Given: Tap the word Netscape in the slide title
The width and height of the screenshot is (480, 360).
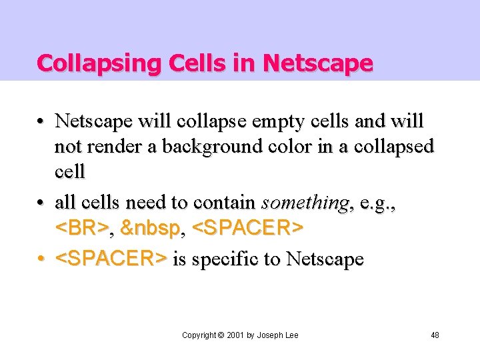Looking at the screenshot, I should pyautogui.click(x=318, y=63).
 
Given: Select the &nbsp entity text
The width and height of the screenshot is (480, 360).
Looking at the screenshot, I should pyautogui.click(x=151, y=229).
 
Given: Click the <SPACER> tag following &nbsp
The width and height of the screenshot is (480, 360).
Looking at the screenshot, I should pyautogui.click(x=247, y=229).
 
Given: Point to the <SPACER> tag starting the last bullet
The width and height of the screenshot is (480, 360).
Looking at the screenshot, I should pyautogui.click(x=111, y=258).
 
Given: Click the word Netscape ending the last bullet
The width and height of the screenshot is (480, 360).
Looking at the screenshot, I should pyautogui.click(x=325, y=258).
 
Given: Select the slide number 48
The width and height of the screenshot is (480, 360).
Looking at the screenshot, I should pyautogui.click(x=434, y=335).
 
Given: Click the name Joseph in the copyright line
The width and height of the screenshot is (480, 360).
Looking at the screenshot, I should pyautogui.click(x=271, y=335).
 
